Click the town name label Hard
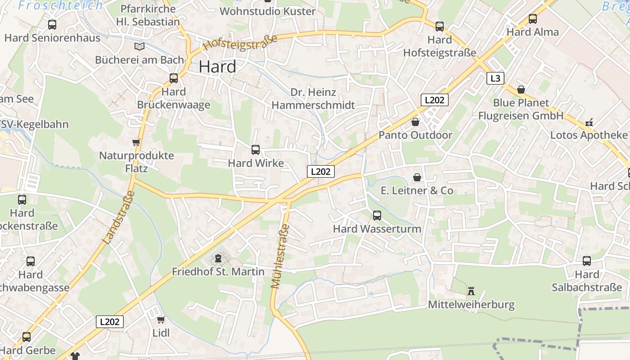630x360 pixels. click(x=217, y=67)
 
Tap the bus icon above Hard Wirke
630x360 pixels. click(x=256, y=150)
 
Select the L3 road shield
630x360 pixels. click(x=495, y=78)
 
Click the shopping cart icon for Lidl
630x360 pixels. click(x=161, y=320)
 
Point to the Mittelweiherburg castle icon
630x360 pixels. click(x=471, y=291)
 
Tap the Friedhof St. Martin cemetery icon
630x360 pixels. click(x=218, y=258)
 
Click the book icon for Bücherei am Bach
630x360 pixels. click(x=139, y=46)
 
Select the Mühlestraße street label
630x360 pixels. click(x=280, y=256)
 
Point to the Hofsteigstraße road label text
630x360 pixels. click(x=240, y=43)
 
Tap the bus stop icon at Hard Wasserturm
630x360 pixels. click(x=377, y=216)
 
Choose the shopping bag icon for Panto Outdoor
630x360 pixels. click(x=415, y=122)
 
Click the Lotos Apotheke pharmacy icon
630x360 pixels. click(x=589, y=122)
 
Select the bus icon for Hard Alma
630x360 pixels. click(x=533, y=19)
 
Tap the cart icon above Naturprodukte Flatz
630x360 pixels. click(x=136, y=143)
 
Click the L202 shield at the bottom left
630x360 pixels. click(x=110, y=322)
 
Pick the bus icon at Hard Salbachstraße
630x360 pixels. click(x=587, y=261)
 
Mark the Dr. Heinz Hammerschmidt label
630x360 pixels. click(x=313, y=99)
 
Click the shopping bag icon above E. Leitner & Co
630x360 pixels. click(x=417, y=177)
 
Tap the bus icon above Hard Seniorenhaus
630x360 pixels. click(x=52, y=25)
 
